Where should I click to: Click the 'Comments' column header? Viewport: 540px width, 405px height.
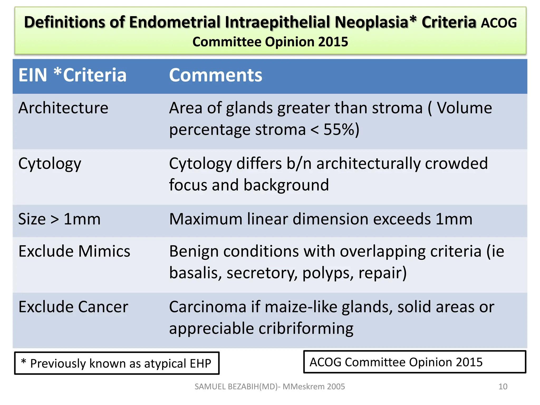pos(215,75)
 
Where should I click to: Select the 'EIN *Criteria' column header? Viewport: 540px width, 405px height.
pos(72,75)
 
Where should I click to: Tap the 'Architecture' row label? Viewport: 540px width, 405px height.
pos(63,108)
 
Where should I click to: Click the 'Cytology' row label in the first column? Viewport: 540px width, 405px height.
pos(50,164)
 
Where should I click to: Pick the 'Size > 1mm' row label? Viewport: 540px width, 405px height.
pos(59,219)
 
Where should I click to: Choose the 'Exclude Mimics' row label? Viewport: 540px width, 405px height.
pos(74,251)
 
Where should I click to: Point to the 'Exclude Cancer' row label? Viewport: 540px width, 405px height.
pos(73,307)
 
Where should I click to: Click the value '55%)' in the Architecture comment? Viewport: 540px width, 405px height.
pos(341,130)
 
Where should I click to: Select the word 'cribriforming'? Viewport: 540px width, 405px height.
pos(306,329)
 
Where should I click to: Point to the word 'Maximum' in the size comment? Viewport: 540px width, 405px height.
pos(206,219)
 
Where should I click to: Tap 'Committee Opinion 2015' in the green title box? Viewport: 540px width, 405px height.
pos(270,42)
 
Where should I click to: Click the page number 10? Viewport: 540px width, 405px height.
pos(503,387)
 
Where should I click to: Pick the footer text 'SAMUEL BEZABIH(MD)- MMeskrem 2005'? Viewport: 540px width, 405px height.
pos(269,387)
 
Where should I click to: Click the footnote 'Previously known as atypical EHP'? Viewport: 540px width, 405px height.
pos(120,363)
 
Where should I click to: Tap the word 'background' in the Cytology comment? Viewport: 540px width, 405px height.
pos(286,185)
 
